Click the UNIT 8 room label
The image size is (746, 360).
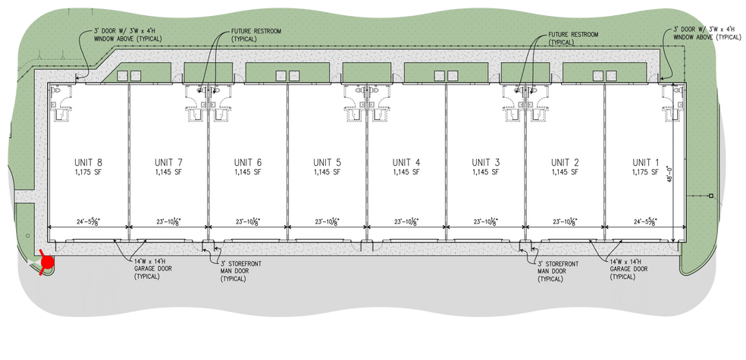(x=88, y=162)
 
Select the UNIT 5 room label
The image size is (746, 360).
(x=327, y=162)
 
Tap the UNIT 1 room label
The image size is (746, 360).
(x=645, y=162)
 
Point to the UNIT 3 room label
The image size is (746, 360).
(x=486, y=162)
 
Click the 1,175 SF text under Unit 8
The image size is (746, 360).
(x=88, y=173)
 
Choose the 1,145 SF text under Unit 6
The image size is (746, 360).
(x=247, y=173)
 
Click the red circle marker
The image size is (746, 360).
(x=47, y=262)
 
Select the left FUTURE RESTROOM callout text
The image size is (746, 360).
(x=256, y=36)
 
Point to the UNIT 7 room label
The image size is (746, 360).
(x=168, y=162)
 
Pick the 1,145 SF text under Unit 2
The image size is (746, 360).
(x=566, y=173)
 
